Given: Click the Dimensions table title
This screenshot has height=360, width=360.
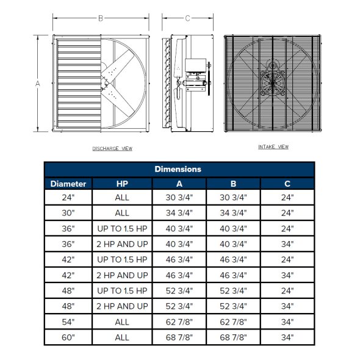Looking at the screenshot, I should coord(178,169).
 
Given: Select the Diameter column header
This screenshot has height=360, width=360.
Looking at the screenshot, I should coord(68,184).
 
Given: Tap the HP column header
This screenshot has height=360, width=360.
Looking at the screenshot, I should coord(122,184).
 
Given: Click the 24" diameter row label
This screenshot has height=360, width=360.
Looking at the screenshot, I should coord(68,198).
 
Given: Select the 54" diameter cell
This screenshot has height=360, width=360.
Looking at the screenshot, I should coord(68,322).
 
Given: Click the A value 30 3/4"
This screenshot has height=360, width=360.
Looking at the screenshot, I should coord(179,198).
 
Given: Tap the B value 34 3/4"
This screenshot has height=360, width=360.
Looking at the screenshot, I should coord(233,213).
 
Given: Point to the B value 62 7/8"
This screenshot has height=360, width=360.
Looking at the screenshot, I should coord(233,322).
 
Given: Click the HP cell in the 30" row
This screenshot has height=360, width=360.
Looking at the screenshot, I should coord(122,213).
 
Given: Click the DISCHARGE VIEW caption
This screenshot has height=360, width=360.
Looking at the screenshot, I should coord(112,149).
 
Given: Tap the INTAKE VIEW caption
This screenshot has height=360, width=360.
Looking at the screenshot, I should coord(273,147).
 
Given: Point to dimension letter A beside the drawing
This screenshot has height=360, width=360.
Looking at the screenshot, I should coord(38,82).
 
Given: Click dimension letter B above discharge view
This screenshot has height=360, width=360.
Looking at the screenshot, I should coord(101,19).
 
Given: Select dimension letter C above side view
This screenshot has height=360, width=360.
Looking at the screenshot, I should coord(187,19).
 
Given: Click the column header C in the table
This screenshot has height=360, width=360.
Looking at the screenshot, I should coord(287,184).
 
